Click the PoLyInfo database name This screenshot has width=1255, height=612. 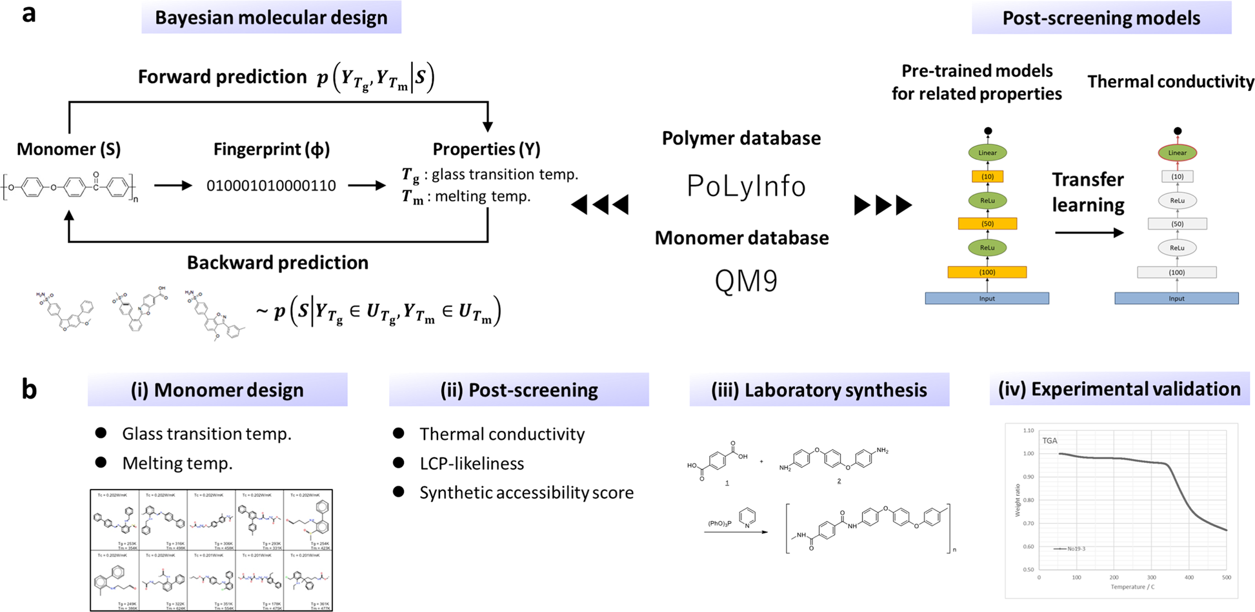pyautogui.click(x=746, y=187)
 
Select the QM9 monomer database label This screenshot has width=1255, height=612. pyautogui.click(x=746, y=281)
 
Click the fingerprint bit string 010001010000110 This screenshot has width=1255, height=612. pyautogui.click(x=271, y=186)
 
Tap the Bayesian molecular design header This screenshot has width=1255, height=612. pyautogui.click(x=271, y=17)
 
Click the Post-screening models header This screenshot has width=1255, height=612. pyautogui.click(x=1101, y=18)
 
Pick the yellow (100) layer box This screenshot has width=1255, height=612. pyautogui.click(x=987, y=272)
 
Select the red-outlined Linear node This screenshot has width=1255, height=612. pyautogui.click(x=1177, y=153)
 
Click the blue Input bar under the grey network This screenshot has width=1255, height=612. pyautogui.click(x=1176, y=299)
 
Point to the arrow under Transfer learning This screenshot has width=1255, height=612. pyautogui.click(x=1089, y=233)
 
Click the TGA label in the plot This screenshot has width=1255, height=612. pyautogui.click(x=1050, y=441)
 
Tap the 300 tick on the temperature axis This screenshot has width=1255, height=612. pyautogui.click(x=1151, y=578)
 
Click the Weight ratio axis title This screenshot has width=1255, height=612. pyautogui.click(x=1018, y=500)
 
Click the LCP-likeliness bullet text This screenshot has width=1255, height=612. pyautogui.click(x=472, y=464)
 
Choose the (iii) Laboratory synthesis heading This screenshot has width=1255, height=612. pyautogui.click(x=819, y=390)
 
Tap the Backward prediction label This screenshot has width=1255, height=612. pyautogui.click(x=277, y=263)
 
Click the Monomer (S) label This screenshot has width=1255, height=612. pyautogui.click(x=68, y=150)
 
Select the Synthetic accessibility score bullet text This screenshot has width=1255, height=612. pyautogui.click(x=527, y=493)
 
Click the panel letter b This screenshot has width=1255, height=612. pyautogui.click(x=29, y=390)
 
